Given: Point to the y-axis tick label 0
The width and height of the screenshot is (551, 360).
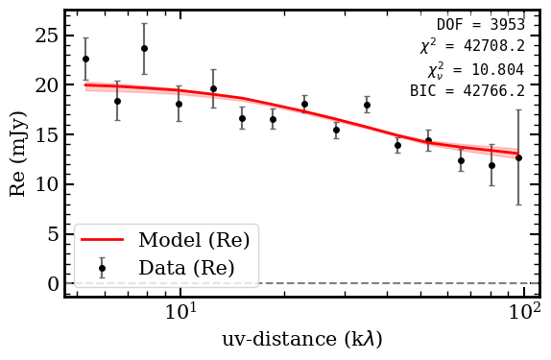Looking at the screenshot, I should [50, 284].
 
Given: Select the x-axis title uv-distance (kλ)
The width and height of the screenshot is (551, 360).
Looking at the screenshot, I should [301, 340].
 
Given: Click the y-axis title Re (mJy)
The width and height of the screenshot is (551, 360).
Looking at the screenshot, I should [18, 155].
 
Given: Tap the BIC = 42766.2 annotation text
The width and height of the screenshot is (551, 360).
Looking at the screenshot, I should [467, 91].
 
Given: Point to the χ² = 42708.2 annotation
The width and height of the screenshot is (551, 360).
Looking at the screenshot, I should [471, 46].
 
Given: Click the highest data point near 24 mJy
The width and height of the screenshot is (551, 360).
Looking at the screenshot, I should [144, 48].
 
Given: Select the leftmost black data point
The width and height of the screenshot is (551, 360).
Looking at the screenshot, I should [85, 59].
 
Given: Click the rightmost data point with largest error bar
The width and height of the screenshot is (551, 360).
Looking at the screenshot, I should [518, 156].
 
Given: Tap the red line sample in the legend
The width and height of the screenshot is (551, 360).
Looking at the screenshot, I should [102, 240].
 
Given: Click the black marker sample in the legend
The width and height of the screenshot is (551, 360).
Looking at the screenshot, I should [102, 268].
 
